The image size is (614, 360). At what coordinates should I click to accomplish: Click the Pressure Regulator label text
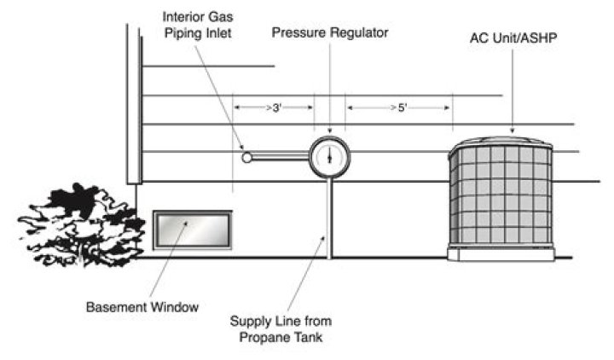[x=330, y=32]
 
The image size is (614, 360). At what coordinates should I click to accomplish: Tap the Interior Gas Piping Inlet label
[x=198, y=25]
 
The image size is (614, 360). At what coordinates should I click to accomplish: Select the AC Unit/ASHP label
[x=513, y=38]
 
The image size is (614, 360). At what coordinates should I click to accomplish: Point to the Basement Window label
[x=142, y=307]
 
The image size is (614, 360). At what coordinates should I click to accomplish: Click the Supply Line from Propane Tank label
[x=281, y=329]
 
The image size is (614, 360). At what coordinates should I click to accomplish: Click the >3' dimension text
[x=274, y=107]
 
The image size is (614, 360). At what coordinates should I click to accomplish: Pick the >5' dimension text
[x=399, y=107]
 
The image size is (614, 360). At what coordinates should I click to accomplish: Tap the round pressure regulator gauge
[x=329, y=157]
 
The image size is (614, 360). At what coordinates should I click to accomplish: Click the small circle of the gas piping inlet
[x=246, y=158]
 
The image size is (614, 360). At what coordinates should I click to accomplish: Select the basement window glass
[x=193, y=230]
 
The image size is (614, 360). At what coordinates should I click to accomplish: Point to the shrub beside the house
[x=82, y=224]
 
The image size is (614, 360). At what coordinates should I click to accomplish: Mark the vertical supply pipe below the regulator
[x=329, y=218]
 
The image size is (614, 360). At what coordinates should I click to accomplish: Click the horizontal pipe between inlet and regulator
[x=281, y=158]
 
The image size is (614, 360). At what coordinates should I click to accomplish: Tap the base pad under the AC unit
[x=501, y=253]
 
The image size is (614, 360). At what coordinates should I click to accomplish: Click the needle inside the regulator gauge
[x=329, y=157]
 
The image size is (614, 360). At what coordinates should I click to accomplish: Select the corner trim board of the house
[x=134, y=104]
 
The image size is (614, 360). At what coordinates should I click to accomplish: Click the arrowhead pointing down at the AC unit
[x=513, y=131]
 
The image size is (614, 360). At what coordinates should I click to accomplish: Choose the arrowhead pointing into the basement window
[x=186, y=224]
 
